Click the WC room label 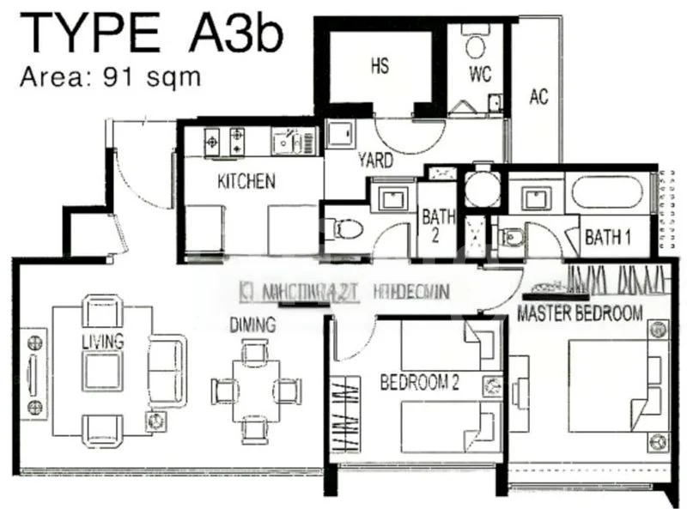[480, 74]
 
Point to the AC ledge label [538, 96]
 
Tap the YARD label [376, 161]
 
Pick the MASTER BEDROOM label [580, 314]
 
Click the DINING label [252, 325]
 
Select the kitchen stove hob [226, 141]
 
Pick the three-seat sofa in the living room [167, 361]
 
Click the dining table [256, 390]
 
